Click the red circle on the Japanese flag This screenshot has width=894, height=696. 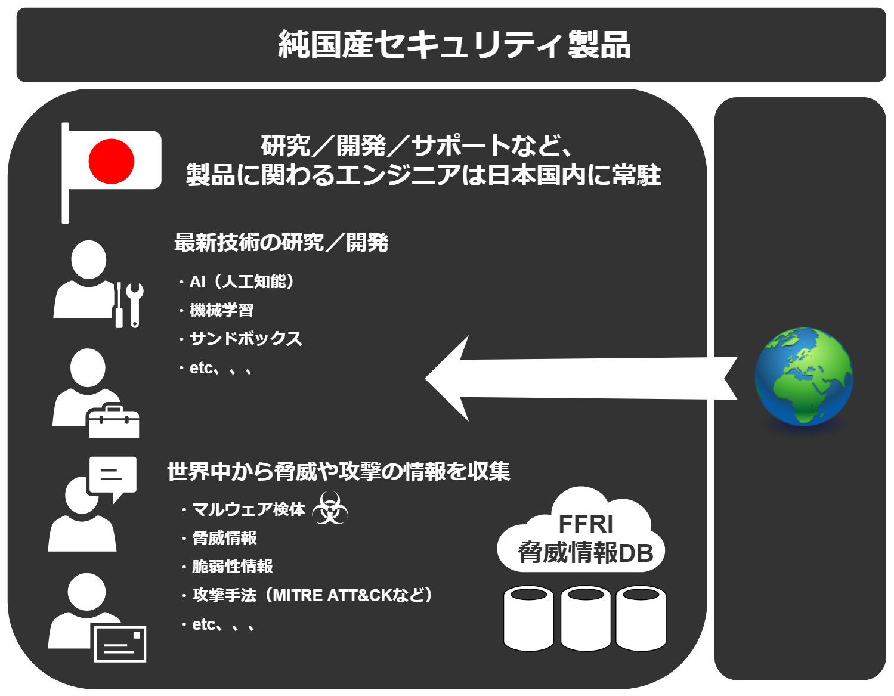(x=111, y=161)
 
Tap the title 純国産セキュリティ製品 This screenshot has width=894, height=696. (x=454, y=45)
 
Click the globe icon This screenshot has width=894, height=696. (x=803, y=376)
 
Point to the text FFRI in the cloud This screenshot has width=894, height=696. (x=586, y=524)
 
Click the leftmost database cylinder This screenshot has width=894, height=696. (x=528, y=618)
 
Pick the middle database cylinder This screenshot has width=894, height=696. (x=586, y=618)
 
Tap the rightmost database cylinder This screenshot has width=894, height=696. (x=641, y=618)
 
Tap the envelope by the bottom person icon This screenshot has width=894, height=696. (x=120, y=644)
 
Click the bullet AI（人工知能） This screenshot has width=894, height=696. (x=237, y=282)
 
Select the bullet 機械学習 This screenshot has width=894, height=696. (x=216, y=310)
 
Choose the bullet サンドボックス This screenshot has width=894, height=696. (x=241, y=339)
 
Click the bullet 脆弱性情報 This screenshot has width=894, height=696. (x=227, y=567)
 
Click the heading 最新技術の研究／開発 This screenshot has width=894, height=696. (x=281, y=242)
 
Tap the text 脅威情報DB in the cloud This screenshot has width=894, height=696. (x=586, y=552)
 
